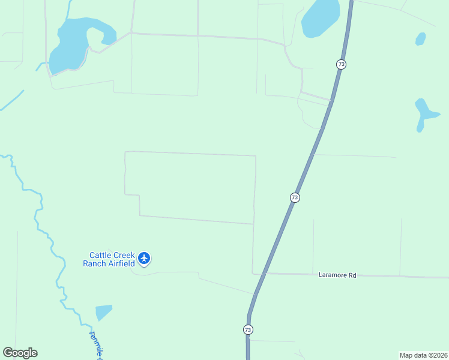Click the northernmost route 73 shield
pos(341,64)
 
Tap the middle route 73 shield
pos(294,197)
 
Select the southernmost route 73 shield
pos(248,329)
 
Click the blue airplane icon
pos(144,258)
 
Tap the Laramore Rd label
pos(337,275)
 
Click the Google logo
pos(20,353)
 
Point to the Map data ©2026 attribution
pos(423,355)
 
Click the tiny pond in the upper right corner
pos(421,39)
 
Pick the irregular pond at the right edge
pos(425,112)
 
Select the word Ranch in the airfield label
pos(94,263)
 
